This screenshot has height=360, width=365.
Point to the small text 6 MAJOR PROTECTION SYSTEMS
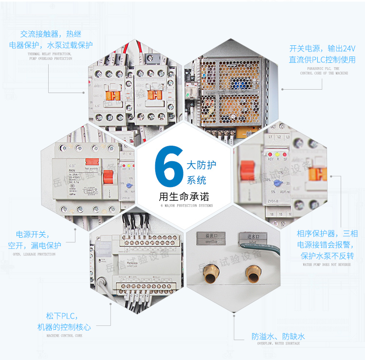pos(186,206)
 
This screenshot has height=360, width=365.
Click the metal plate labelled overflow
pos(210,238)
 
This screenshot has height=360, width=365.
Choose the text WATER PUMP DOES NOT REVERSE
pos(327,265)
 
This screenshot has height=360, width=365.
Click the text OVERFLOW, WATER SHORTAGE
pos(278,343)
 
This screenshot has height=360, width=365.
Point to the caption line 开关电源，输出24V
pos(323,49)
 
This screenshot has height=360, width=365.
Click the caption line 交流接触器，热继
pos(51,35)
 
